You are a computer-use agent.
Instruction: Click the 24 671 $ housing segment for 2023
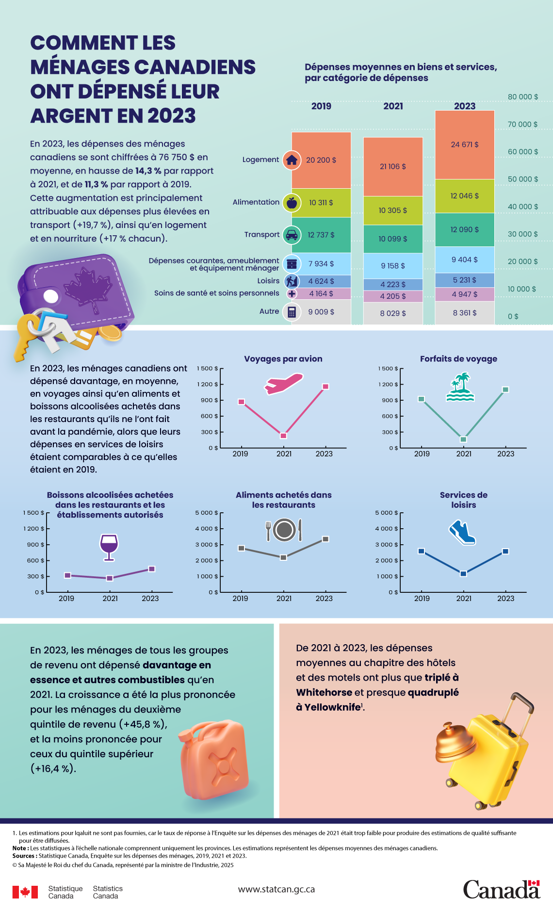pos(464,145)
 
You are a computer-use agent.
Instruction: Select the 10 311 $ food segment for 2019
pos(321,202)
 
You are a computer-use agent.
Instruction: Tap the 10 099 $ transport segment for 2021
pos(392,239)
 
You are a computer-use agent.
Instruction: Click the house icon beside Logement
pos(292,160)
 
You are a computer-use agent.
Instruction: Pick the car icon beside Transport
pos(292,235)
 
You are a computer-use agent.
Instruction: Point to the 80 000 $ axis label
pos(522,97)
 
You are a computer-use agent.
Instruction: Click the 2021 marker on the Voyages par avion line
pos(284,436)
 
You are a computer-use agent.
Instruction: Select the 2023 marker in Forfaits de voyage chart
pos(505,390)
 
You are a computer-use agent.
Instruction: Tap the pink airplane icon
pos(283,383)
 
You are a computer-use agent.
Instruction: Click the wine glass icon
pos(109,547)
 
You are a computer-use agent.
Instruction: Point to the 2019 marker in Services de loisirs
pos(421,551)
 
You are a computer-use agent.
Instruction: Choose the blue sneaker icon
pos(462,533)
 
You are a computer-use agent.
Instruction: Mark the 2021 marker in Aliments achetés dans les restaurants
pos(284,557)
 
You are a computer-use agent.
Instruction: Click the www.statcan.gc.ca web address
pos(276,889)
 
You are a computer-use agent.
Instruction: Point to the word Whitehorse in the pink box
pos(324,692)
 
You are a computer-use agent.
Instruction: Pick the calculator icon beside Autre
pos(292,312)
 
